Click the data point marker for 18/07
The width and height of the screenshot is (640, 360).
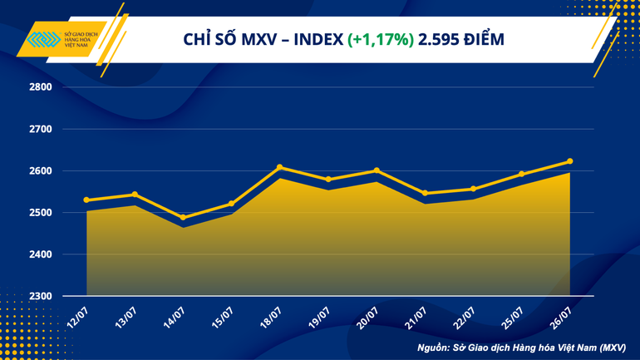279,167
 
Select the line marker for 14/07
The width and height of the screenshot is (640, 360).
183,218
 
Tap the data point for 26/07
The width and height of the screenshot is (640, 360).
569,161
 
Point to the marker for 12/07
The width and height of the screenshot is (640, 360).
86,200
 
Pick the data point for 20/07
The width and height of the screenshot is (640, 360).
377,170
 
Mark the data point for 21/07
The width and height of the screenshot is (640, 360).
425,193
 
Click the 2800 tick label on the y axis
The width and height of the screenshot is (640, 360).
41,87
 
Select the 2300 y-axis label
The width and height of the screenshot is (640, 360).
41,296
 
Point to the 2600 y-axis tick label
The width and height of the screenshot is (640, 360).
41,171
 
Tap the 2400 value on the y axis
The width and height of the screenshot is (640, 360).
41,254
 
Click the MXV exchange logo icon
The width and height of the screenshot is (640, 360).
41,40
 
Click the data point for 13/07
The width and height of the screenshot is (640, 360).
135,195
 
